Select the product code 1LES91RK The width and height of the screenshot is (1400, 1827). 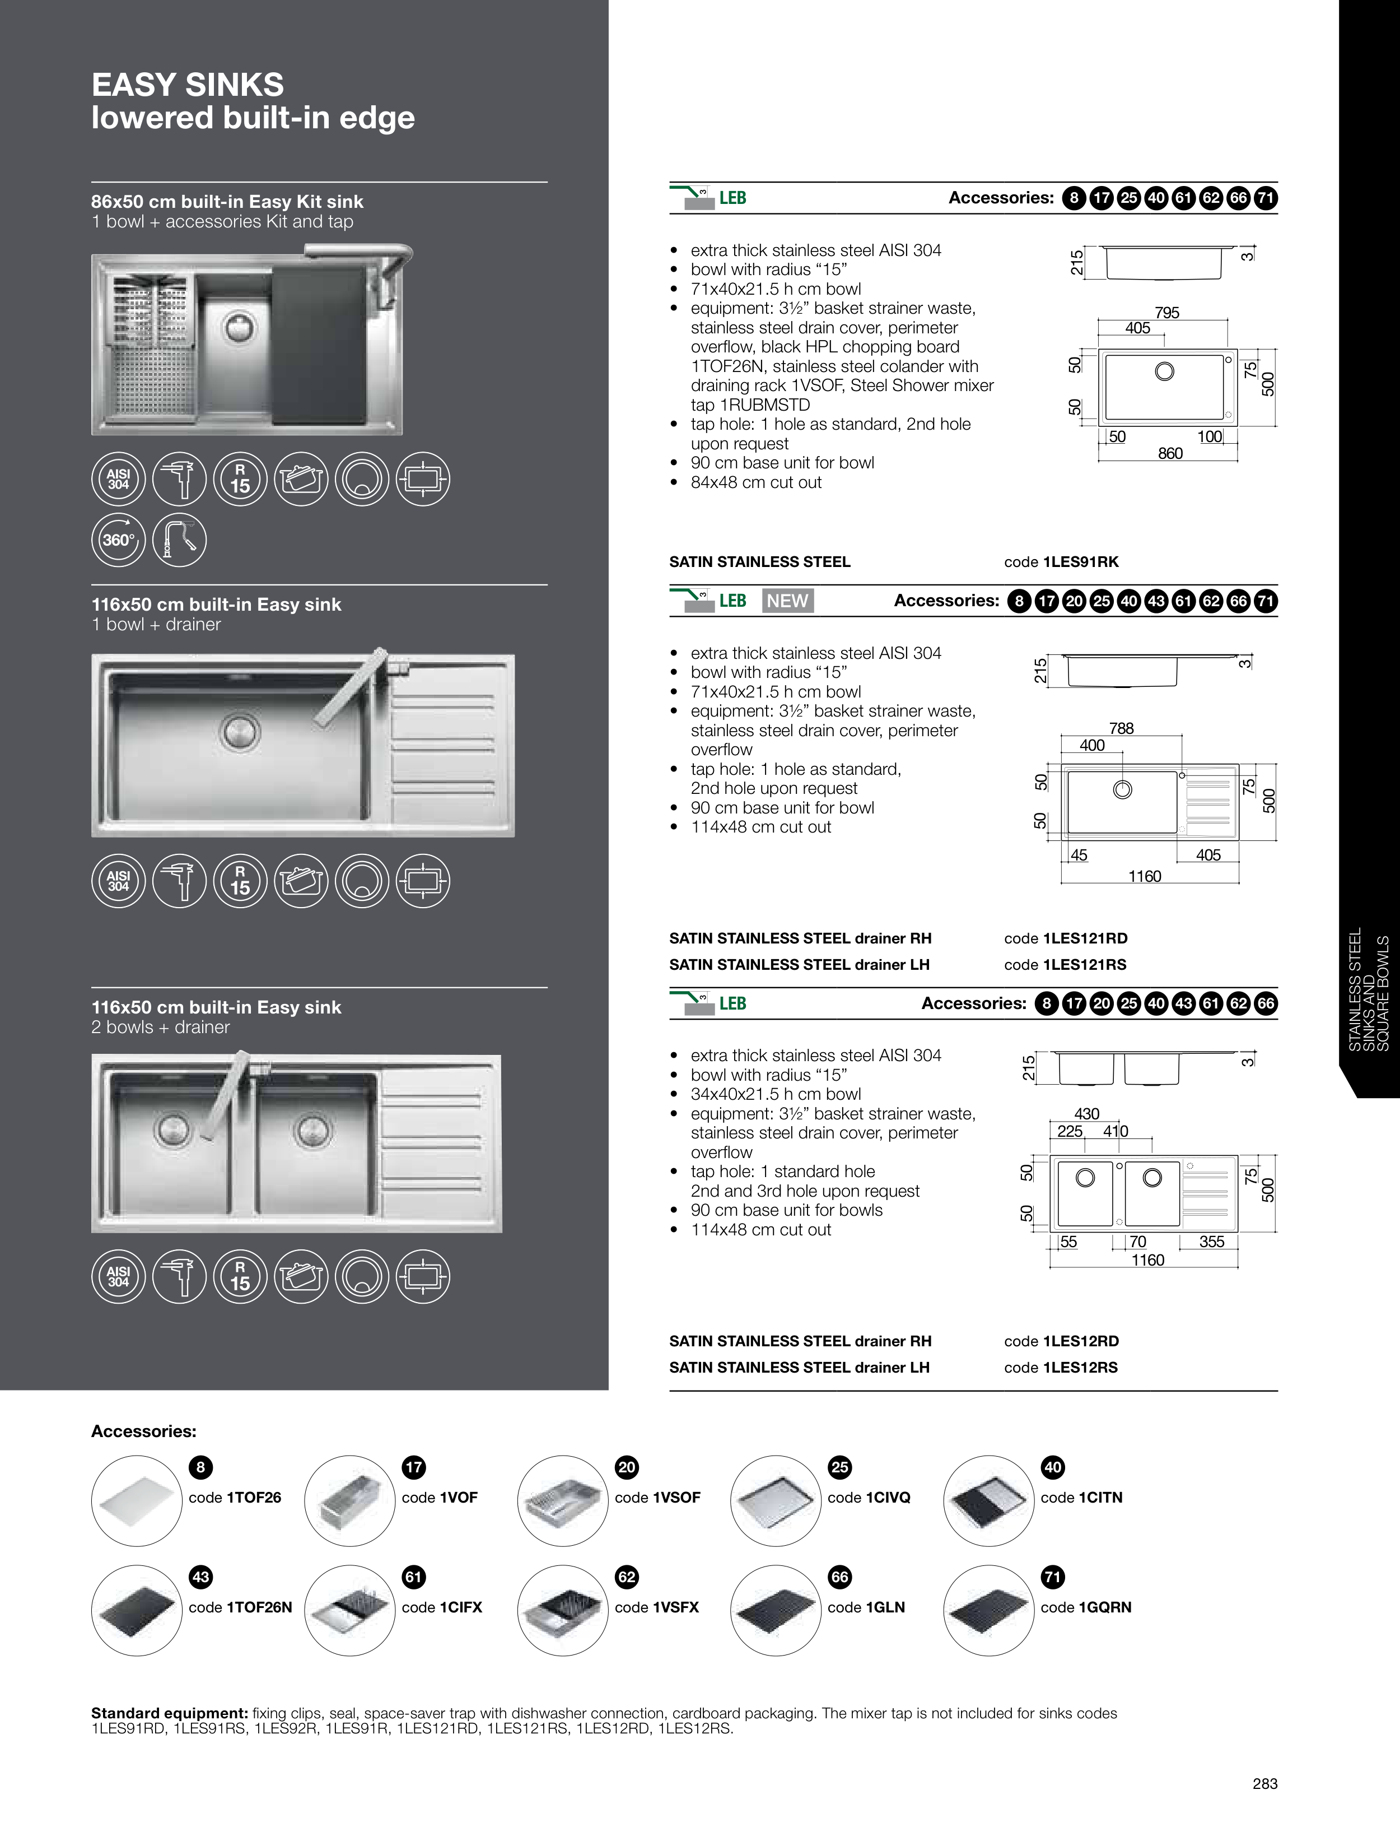pyautogui.click(x=1080, y=562)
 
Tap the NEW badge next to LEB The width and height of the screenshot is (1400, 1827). pyautogui.click(x=787, y=601)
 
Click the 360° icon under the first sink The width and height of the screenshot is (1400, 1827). pyautogui.click(x=118, y=540)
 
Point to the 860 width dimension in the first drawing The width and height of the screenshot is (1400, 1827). pyautogui.click(x=1170, y=453)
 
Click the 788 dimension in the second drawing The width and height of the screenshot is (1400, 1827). pyautogui.click(x=1122, y=728)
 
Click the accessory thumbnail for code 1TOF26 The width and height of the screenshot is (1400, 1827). pyautogui.click(x=136, y=1501)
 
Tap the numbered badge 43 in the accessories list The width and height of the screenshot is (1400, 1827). pyautogui.click(x=201, y=1577)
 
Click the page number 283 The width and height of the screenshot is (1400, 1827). pyautogui.click(x=1265, y=1784)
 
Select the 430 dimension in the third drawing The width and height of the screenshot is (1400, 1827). pyautogui.click(x=1086, y=1114)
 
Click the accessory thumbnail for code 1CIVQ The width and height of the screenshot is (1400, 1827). pyautogui.click(x=775, y=1501)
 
